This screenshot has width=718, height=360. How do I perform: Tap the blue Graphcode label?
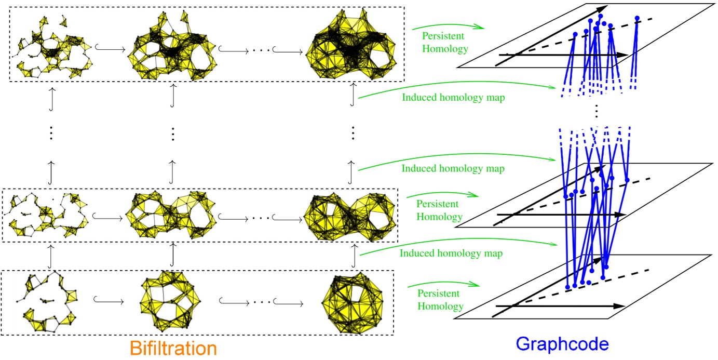pyautogui.click(x=563, y=344)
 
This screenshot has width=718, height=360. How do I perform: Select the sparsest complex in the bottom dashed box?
pyautogui.click(x=49, y=302)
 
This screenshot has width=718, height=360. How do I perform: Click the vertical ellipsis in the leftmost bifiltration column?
pyautogui.click(x=50, y=134)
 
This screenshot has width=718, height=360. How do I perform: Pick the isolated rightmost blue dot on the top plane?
pyautogui.click(x=636, y=18)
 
